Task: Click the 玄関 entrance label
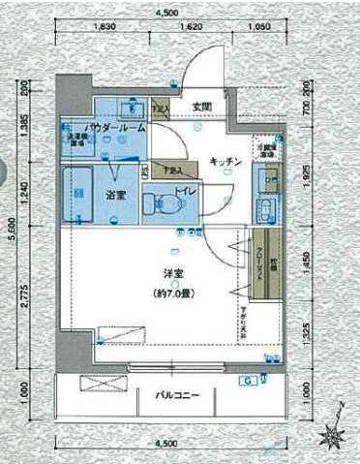(201, 106)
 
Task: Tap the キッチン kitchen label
(225, 162)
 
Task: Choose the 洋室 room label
(160, 274)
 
